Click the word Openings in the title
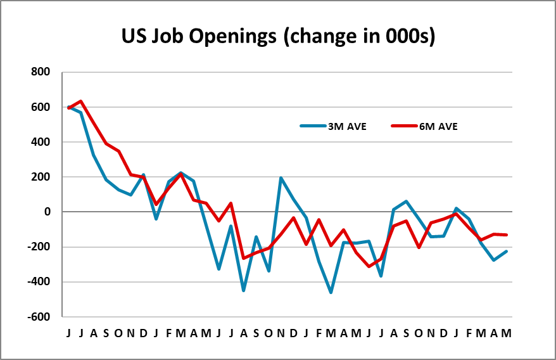tap(232, 37)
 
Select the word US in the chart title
tap(134, 36)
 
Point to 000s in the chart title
tap(407, 36)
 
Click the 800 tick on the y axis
tap(41, 72)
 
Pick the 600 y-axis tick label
tap(41, 107)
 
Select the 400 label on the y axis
tap(41, 142)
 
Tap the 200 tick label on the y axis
tap(41, 177)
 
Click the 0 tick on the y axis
tap(47, 212)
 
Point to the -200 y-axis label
tap(39, 247)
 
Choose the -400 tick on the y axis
tap(39, 282)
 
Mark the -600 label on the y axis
tap(39, 317)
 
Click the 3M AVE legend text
tap(347, 127)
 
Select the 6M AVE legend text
tap(439, 127)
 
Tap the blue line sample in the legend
tap(313, 125)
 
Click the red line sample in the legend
tap(405, 125)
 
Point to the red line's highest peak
tap(81, 101)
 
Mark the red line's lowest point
tap(369, 266)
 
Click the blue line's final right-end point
tap(507, 252)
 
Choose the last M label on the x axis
tap(507, 333)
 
